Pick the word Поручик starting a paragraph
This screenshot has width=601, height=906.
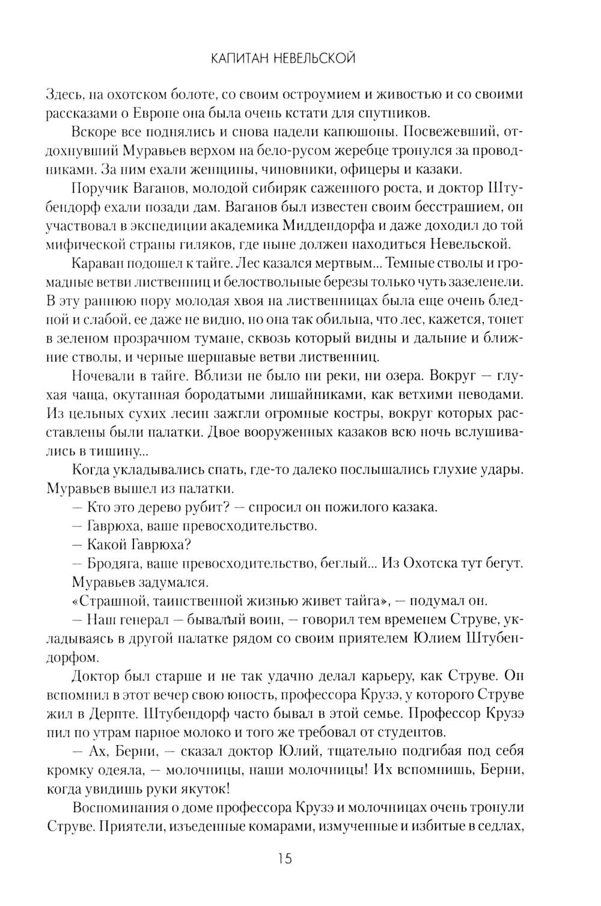click(97, 189)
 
